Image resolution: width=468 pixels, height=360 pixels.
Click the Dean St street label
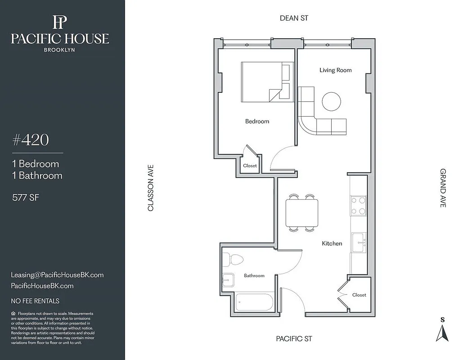294,18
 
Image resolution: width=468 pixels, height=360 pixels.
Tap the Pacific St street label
294,338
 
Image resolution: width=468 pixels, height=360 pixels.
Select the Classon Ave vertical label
151,187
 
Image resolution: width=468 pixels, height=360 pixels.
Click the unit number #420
30,140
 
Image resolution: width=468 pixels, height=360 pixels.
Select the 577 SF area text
26,196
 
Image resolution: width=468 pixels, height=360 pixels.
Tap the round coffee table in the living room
332,101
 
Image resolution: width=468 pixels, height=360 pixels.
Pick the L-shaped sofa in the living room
315,119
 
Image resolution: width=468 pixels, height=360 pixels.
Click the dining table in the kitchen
301,213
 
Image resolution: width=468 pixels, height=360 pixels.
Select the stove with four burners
359,206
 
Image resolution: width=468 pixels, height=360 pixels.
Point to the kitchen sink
359,243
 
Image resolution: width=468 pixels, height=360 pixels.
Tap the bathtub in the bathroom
254,301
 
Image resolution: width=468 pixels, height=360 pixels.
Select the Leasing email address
57,274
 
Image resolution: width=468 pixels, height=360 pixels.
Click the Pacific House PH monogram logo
59,22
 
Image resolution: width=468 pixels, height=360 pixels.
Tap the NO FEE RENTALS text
35,301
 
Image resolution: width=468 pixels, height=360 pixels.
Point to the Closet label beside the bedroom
250,166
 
